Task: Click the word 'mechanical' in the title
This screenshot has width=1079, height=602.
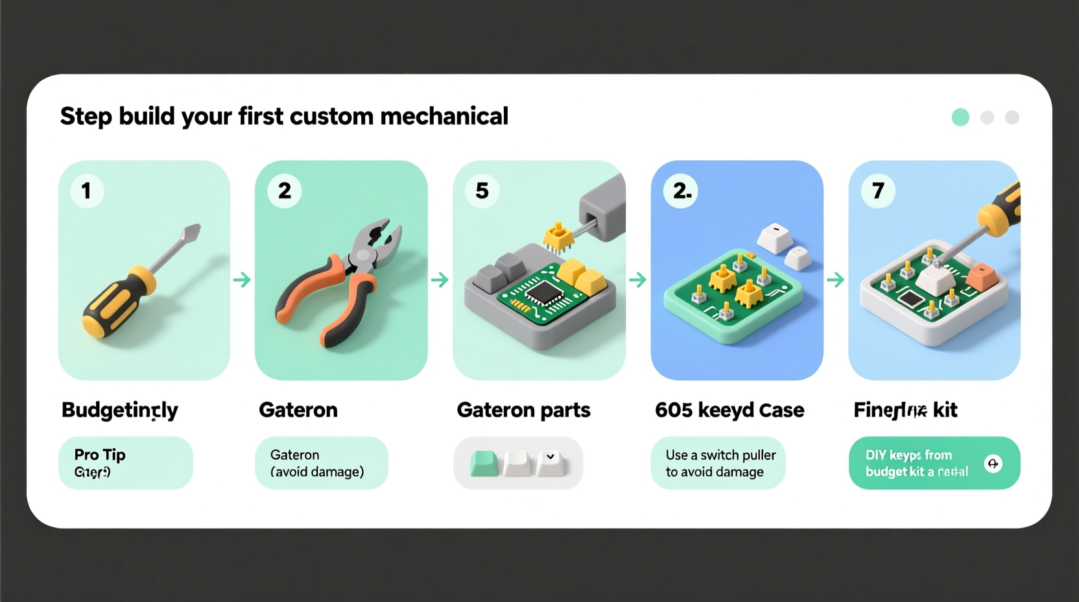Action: click(x=444, y=117)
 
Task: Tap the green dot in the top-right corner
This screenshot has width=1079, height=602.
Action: click(x=960, y=117)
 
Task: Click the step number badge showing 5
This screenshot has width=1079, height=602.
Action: click(x=482, y=191)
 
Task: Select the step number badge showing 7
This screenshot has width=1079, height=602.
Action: click(x=878, y=191)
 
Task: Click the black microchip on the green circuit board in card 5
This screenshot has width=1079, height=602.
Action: click(x=543, y=293)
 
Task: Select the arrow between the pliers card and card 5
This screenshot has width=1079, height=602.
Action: click(x=440, y=280)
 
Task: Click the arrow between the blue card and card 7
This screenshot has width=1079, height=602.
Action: click(x=835, y=280)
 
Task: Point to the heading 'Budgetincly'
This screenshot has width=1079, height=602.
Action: click(x=119, y=410)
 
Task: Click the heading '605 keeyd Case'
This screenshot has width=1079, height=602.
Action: click(x=729, y=410)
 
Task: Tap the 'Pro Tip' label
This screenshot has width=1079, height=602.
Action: click(x=100, y=454)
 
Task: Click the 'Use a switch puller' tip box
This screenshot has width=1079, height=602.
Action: click(x=718, y=463)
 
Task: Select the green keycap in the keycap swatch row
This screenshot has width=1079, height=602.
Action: click(x=484, y=463)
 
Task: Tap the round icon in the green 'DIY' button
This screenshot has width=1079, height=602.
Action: click(x=993, y=463)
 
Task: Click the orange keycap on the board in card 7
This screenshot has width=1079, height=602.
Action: click(x=980, y=277)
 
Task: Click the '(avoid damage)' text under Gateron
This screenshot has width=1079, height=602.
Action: click(x=317, y=472)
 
